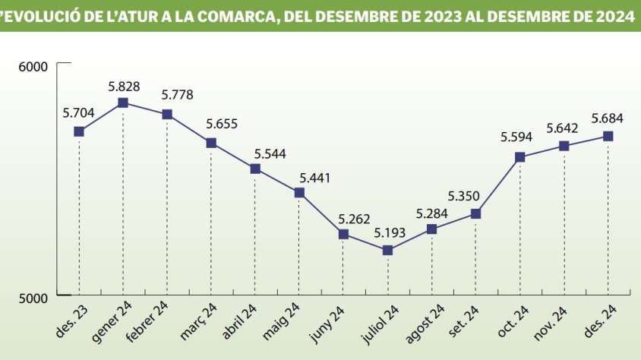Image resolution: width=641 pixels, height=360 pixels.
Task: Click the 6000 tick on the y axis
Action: [33, 67]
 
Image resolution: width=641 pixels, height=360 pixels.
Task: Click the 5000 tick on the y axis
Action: [33, 297]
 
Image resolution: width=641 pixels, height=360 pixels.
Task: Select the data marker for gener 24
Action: [123, 103]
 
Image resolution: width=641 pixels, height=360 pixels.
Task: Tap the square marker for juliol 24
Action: [388, 250]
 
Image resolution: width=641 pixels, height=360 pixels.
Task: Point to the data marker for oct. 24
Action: [520, 157]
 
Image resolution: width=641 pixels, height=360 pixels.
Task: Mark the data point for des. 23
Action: [79, 131]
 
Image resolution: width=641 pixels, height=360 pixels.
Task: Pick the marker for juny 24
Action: [344, 234]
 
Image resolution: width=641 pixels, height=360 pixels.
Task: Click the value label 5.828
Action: [123, 85]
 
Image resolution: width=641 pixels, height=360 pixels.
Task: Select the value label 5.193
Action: [388, 232]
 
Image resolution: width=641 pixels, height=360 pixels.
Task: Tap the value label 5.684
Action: [608, 118]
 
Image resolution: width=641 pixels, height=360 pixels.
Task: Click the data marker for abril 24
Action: [255, 169]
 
